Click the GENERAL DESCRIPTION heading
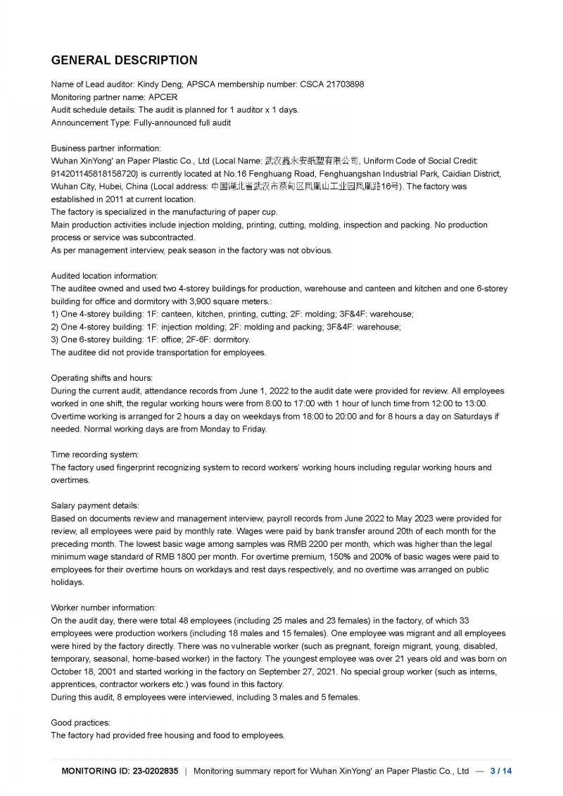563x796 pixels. coord(125,60)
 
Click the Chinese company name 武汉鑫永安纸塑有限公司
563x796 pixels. coord(312,161)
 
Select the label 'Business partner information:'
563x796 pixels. coord(106,149)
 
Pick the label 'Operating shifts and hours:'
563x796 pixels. coord(101,378)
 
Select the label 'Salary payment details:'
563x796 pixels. coord(95,506)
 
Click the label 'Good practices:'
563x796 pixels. coord(80,723)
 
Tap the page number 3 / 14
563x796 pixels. coord(501,771)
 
